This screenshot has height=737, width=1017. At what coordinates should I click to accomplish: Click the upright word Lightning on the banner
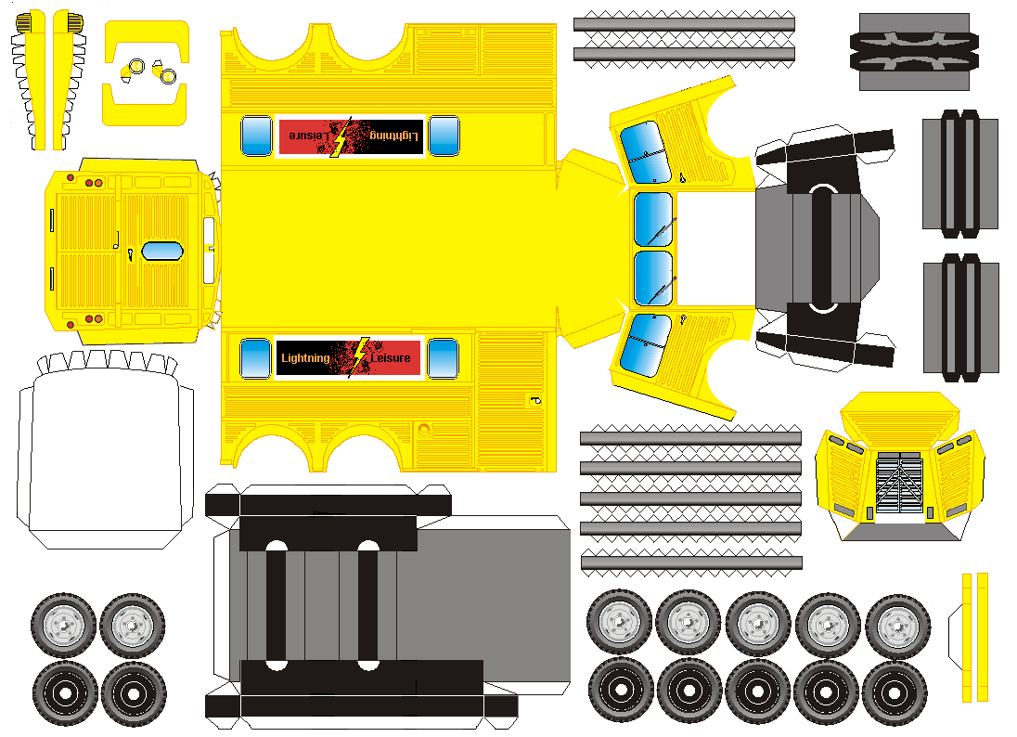point(304,357)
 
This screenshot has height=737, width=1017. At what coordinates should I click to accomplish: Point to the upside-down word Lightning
point(394,136)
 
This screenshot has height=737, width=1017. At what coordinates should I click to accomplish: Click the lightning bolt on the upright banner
point(357,356)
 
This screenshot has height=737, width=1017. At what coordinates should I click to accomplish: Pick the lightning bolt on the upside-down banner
point(341,136)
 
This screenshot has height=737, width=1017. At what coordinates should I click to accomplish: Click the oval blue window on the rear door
point(161,251)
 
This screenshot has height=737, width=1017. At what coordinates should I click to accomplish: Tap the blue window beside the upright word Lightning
point(255,358)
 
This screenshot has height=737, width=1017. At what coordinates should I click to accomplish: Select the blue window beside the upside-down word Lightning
point(444,136)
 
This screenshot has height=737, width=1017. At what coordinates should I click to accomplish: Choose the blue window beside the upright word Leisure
point(443,358)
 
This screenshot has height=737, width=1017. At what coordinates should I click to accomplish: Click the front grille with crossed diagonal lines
point(899,483)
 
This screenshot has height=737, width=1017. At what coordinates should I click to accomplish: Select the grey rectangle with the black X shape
point(914,51)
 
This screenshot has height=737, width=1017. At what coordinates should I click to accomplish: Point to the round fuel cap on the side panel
point(424,430)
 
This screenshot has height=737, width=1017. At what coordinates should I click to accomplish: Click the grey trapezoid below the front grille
point(900,532)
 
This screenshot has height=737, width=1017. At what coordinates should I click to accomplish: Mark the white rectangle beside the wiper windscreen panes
point(715,248)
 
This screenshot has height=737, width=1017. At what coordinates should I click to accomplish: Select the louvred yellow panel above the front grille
point(900,415)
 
